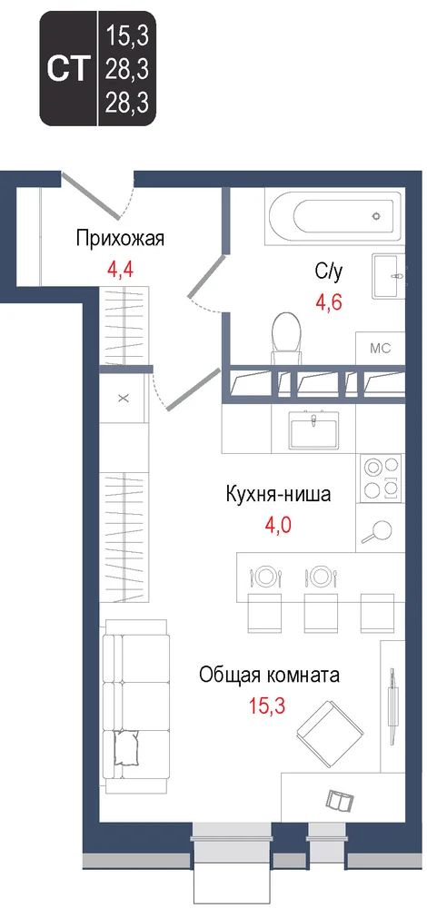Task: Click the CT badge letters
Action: tap(69, 69)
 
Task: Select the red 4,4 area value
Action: tap(121, 269)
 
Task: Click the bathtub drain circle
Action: tap(376, 215)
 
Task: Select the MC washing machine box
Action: tap(380, 350)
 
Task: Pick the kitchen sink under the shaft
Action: tap(313, 429)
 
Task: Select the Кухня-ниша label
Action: tap(278, 495)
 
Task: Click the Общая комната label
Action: tap(269, 675)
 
